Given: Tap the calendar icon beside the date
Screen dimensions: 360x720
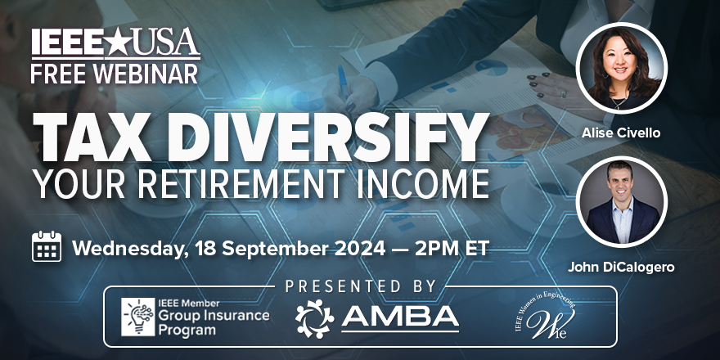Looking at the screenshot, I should [47, 246].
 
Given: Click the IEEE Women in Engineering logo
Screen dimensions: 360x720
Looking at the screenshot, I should [546, 320].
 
